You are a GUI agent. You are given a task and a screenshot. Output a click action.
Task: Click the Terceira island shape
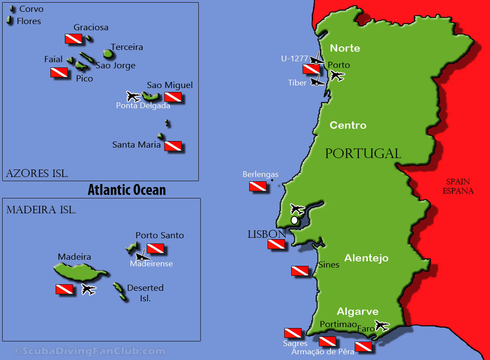108,54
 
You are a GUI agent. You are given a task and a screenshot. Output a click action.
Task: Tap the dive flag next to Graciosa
73,39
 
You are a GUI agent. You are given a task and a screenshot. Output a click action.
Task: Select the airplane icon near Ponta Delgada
133,96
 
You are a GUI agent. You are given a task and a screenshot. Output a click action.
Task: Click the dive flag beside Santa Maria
173,146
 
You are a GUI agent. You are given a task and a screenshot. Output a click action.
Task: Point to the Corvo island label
31,9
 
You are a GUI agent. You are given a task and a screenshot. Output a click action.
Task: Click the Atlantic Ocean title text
127,190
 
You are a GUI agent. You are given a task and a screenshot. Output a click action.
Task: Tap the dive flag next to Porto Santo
155,249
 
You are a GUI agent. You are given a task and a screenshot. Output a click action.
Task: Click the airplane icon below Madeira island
88,289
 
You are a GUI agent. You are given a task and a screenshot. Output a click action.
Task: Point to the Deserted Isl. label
145,293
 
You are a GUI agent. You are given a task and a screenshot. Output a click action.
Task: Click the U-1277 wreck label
294,58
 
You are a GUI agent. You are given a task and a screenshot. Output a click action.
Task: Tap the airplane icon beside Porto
337,76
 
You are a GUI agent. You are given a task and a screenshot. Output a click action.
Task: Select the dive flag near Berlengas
258,187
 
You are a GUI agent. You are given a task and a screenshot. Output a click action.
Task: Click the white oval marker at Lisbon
294,220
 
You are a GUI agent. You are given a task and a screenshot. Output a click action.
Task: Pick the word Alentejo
366,258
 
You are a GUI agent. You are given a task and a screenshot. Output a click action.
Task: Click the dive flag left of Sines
300,271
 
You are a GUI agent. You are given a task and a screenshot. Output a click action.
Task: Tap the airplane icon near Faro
381,325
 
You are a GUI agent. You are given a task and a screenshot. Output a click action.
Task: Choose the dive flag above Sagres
293,333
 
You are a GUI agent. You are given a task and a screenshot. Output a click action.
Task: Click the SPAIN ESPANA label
458,186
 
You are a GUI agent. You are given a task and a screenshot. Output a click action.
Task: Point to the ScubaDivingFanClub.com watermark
90,351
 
